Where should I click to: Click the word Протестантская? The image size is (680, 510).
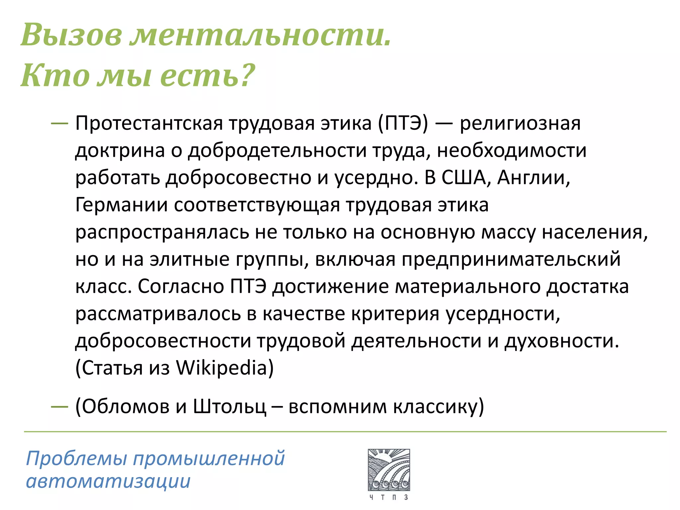[x=149, y=124]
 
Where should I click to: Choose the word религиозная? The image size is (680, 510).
[x=520, y=124]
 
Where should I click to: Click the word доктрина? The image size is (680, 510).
[x=120, y=151]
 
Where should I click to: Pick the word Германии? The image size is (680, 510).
[x=122, y=205]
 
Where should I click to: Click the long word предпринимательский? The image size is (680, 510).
[x=511, y=260]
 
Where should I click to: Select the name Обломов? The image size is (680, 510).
[x=126, y=406]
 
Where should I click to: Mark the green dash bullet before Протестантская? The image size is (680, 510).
[x=59, y=123]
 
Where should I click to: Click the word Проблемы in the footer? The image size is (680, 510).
[x=76, y=459]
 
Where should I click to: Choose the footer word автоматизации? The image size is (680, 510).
[x=108, y=481]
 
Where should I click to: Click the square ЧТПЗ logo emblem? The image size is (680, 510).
[x=389, y=470]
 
